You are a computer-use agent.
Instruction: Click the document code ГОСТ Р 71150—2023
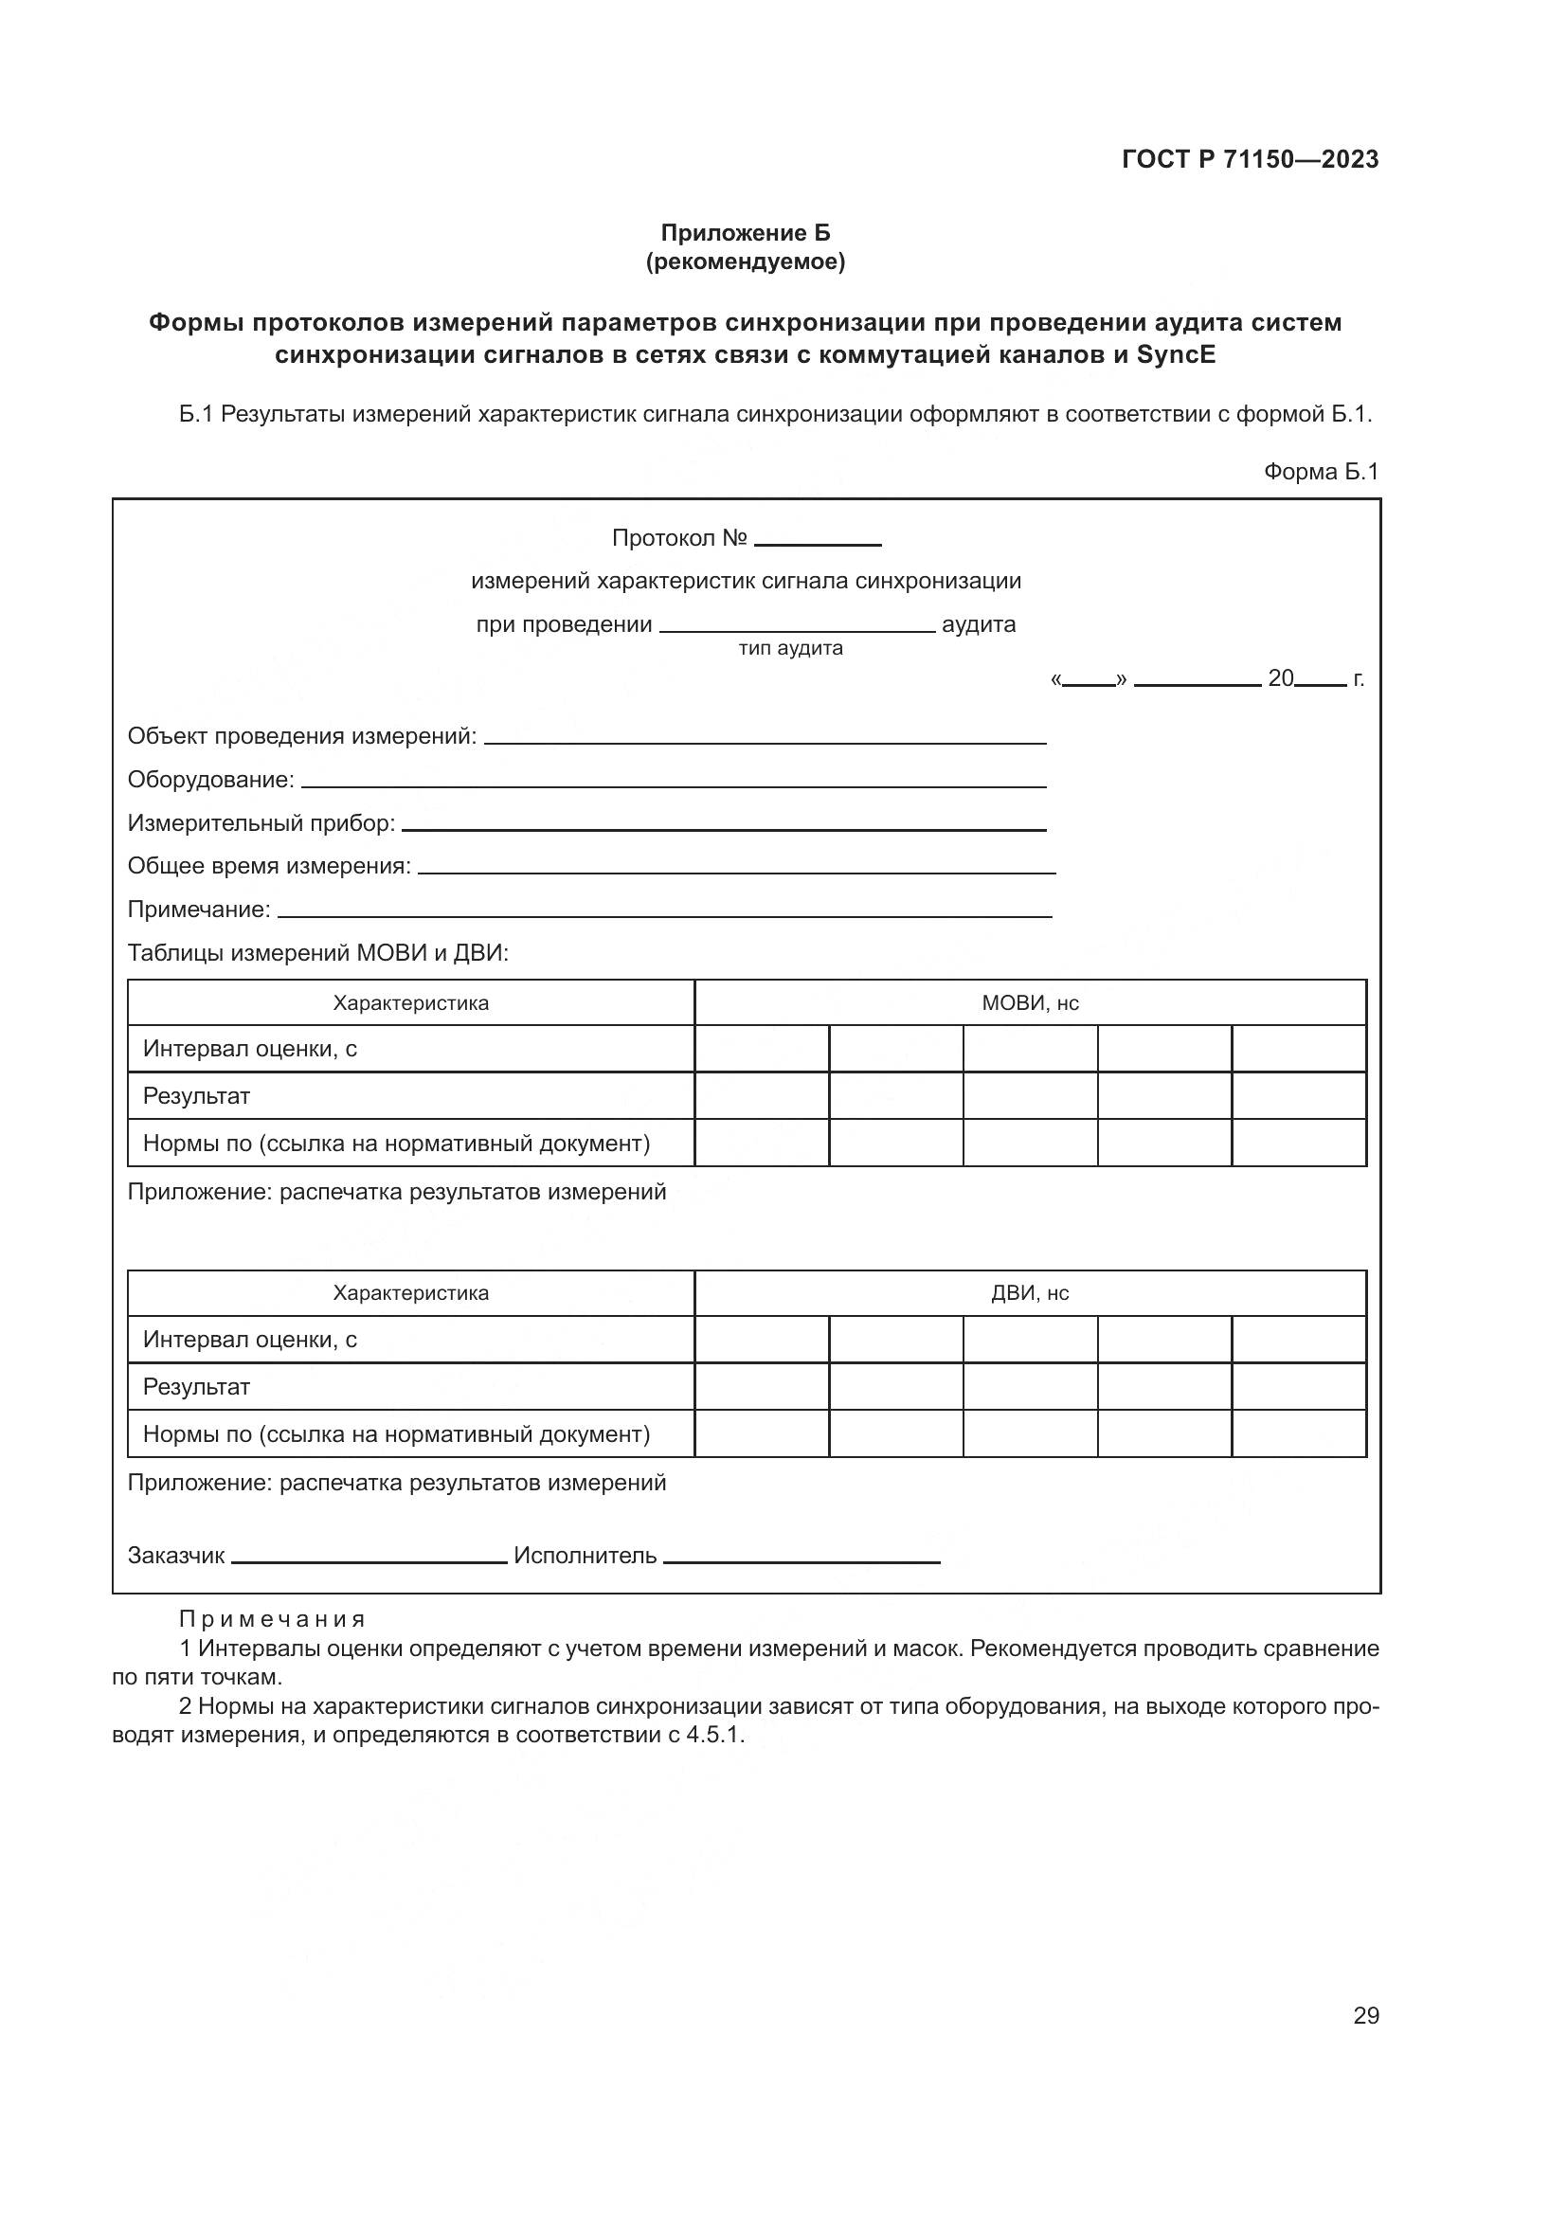point(1251,159)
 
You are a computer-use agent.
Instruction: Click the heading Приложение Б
point(745,233)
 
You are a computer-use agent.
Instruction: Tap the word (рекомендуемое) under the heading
point(745,261)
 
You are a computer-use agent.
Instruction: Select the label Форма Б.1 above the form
point(1321,471)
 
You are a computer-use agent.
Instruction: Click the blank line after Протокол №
point(818,543)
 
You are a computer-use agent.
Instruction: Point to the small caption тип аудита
point(790,648)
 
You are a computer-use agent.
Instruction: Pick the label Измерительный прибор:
point(261,823)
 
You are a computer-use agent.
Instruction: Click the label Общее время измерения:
point(269,866)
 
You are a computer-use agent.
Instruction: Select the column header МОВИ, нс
point(1030,1002)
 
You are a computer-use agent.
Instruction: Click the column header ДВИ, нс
point(1030,1293)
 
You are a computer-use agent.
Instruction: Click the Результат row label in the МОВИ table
point(197,1096)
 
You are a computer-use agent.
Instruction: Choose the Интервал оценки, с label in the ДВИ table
point(250,1340)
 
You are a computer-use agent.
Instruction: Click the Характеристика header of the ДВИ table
point(411,1293)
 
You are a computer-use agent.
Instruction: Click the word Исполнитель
point(585,1556)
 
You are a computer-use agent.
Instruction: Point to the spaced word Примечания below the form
point(272,1618)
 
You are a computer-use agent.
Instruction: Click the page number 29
point(1365,2015)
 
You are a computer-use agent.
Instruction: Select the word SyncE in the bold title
point(1177,355)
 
